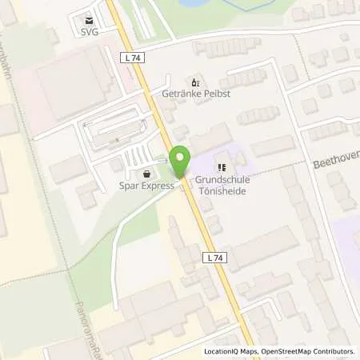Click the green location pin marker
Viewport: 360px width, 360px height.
pyautogui.click(x=181, y=162)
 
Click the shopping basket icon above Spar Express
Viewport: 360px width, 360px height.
pyautogui.click(x=146, y=174)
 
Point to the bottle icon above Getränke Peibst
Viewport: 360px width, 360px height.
pyautogui.click(x=193, y=82)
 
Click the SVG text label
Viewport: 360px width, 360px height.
pyautogui.click(x=89, y=33)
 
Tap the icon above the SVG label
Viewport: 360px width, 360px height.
pyautogui.click(x=89, y=21)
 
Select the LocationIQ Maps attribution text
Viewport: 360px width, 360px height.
pyautogui.click(x=233, y=351)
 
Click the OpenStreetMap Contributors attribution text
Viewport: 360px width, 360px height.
pyautogui.click(x=310, y=351)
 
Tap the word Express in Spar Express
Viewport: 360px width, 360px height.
pyautogui.click(x=158, y=186)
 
